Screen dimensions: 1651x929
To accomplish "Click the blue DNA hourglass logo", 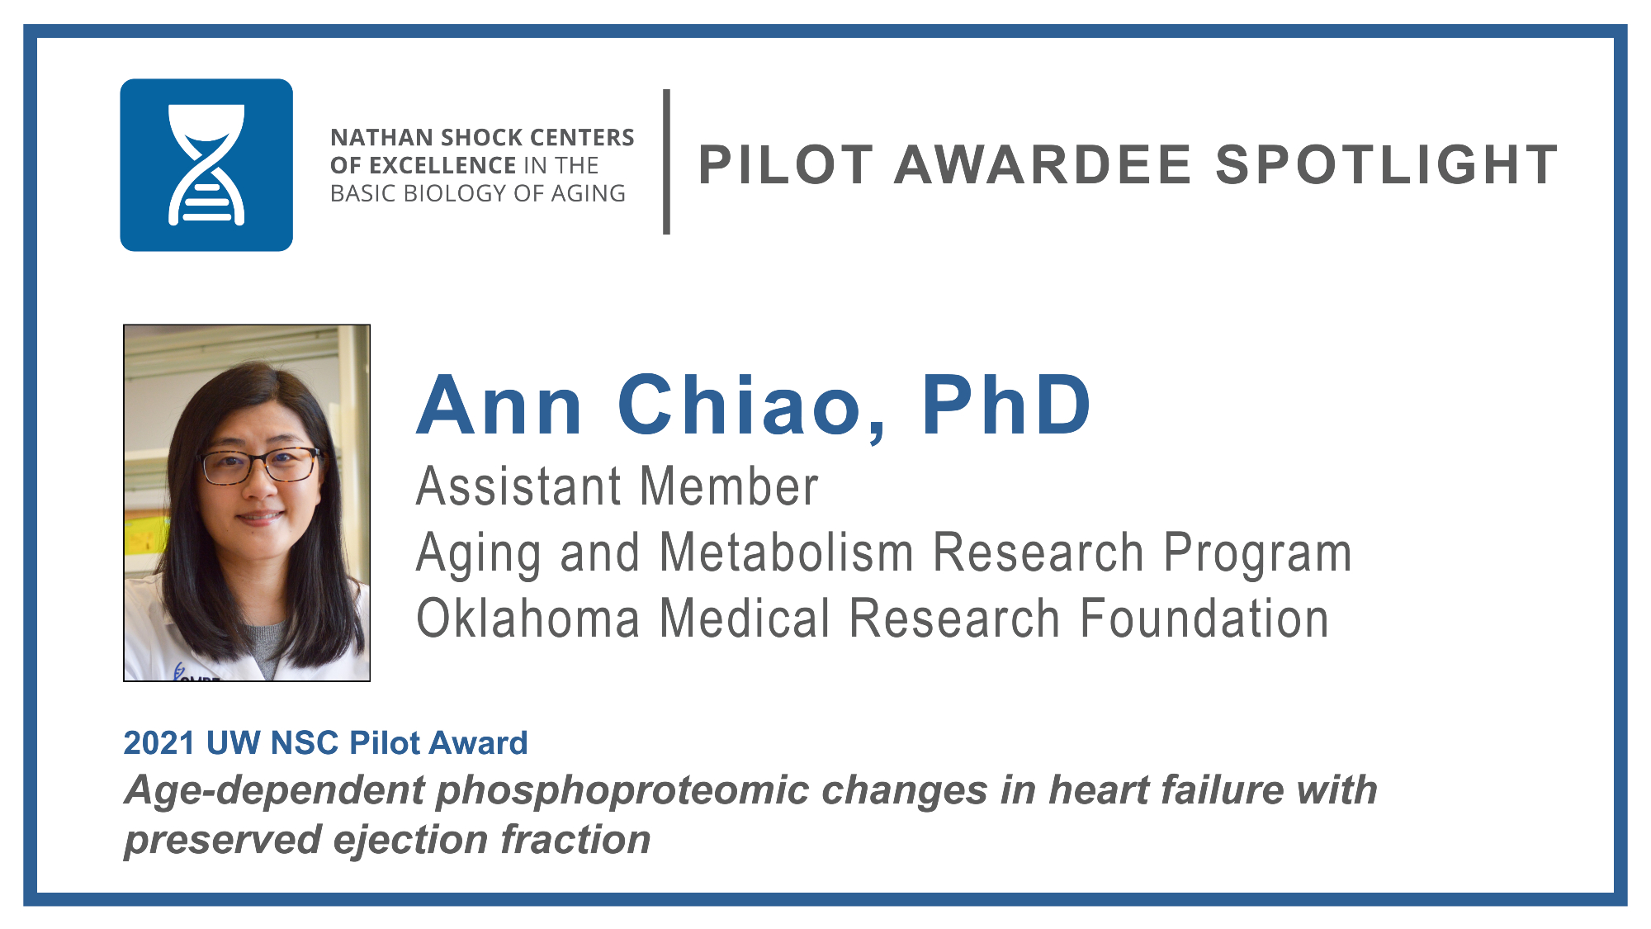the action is [206, 165].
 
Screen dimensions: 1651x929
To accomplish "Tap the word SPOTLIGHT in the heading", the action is [1387, 165].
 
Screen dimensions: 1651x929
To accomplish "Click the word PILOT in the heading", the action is [786, 165].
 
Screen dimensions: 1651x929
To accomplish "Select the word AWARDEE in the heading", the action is [1043, 165].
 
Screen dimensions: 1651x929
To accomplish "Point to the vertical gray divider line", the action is [666, 162].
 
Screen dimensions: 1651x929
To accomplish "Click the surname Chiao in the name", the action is [753, 406].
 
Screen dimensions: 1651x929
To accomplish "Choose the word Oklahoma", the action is [528, 619].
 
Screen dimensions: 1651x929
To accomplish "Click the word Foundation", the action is [1204, 619].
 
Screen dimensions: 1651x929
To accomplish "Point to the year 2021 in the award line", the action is [158, 743].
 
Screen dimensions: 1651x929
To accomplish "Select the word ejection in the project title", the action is [410, 841].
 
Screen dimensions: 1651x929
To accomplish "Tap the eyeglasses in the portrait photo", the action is [260, 465].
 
